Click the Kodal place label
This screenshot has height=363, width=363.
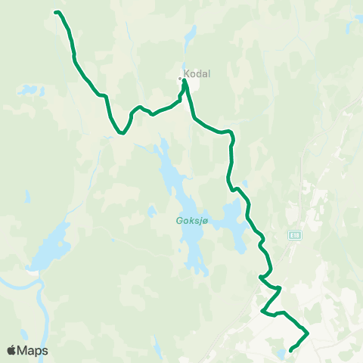[x=197, y=74]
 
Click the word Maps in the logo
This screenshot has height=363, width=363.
[x=34, y=351]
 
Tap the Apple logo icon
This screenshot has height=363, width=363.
[x=12, y=350]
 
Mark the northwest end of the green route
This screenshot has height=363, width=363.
[x=57, y=11]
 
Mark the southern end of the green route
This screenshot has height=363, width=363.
[x=291, y=349]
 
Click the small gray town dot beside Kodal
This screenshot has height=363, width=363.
[x=180, y=78]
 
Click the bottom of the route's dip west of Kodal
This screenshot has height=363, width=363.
[x=121, y=133]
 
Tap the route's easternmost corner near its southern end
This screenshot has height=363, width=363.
[x=308, y=332]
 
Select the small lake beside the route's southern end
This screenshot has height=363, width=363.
[x=282, y=353]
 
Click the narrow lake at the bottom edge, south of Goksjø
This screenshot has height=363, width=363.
[x=157, y=348]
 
